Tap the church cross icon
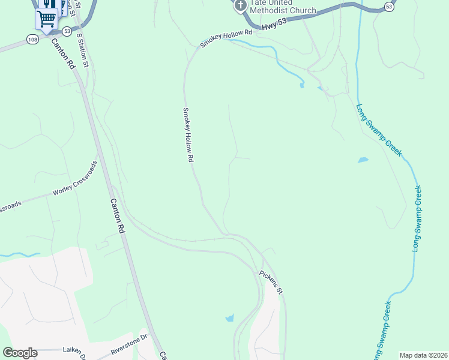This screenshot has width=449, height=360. pos(240,6)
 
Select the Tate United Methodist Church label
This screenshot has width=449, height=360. pos(283,6)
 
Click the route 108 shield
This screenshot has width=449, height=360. pos(33,39)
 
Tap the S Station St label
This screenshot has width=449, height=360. pos(84,48)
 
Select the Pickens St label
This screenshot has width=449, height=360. pos(271,282)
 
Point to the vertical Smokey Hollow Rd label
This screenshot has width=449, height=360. pos(188,135)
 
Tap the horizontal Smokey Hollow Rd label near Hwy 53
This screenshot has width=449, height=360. pos(224,40)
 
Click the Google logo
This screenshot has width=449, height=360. pos(20,353)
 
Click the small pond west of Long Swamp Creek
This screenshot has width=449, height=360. pos(363,160)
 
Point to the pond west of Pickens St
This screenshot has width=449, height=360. pos(229,319)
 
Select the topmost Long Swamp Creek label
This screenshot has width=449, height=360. pos(379,130)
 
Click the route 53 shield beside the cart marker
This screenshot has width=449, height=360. pos(65,31)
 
